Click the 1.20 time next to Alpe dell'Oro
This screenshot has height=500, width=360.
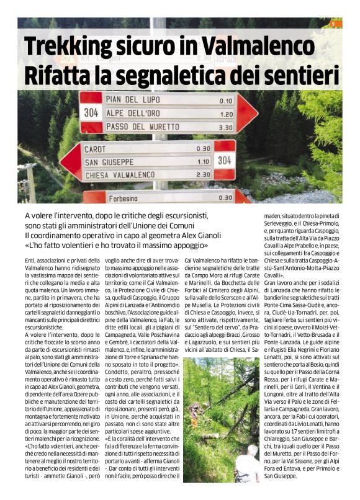tap(225, 114)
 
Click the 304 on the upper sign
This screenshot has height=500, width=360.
tap(92, 113)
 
